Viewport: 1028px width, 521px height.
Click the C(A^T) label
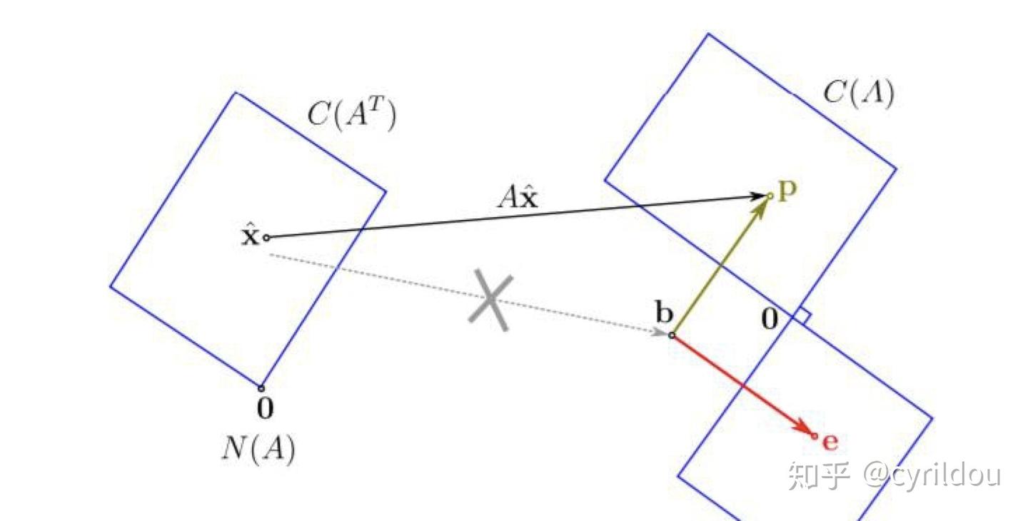pyautogui.click(x=351, y=114)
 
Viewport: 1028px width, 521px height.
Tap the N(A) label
pyautogui.click(x=259, y=449)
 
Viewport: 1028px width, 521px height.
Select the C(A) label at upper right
pyautogui.click(x=859, y=93)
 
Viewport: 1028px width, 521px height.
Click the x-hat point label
pyautogui.click(x=250, y=236)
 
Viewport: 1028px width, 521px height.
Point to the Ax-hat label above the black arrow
pyautogui.click(x=518, y=197)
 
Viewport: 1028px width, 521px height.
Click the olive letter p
pyautogui.click(x=787, y=191)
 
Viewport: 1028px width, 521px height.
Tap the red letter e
pyautogui.click(x=830, y=442)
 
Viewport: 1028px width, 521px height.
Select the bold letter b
pyautogui.click(x=664, y=313)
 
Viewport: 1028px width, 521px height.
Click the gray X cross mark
pyautogui.click(x=490, y=300)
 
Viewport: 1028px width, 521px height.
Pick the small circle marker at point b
pyautogui.click(x=671, y=335)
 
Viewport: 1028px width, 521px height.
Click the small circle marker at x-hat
pyautogui.click(x=267, y=238)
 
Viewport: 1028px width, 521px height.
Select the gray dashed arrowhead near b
pyautogui.click(x=660, y=332)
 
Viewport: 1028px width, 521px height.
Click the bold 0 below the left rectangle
pyautogui.click(x=266, y=408)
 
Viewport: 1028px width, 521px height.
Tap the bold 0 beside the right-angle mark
pyautogui.click(x=770, y=319)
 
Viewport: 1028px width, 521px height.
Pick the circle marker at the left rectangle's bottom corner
pyautogui.click(x=261, y=388)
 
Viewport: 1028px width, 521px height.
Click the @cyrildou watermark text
pyautogui.click(x=932, y=475)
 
